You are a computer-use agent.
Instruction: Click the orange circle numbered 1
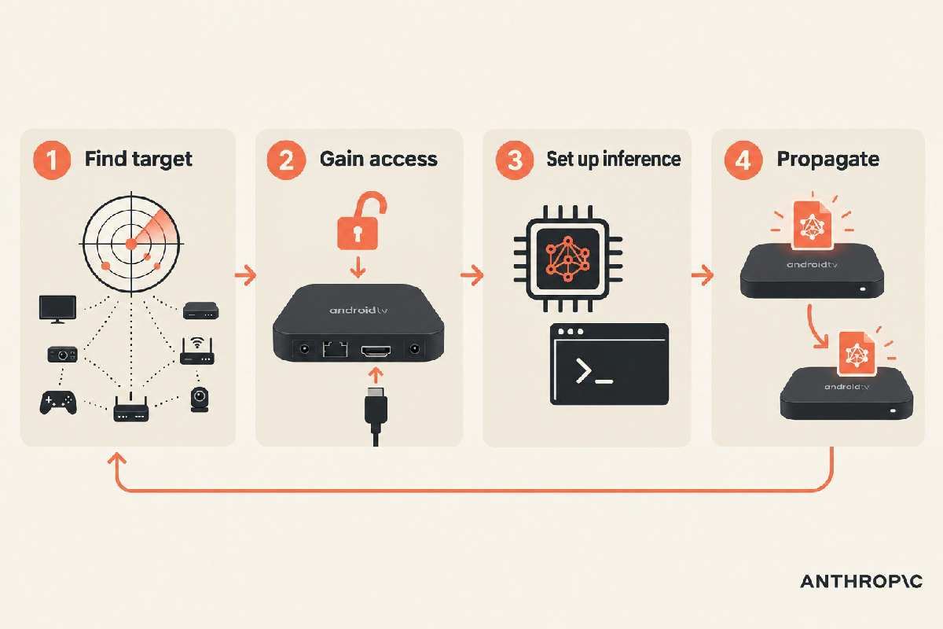click(52, 160)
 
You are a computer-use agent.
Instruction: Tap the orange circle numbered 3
click(515, 160)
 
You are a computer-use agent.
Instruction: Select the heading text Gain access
click(379, 160)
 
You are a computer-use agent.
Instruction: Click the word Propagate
click(827, 160)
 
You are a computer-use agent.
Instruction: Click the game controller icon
click(58, 403)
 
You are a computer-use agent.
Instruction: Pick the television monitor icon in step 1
click(57, 309)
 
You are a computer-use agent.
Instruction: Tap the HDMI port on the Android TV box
click(376, 351)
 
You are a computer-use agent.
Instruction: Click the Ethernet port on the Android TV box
click(335, 349)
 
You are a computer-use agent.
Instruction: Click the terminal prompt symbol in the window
click(593, 372)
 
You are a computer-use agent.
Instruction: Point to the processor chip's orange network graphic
click(568, 259)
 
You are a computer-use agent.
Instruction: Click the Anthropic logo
click(861, 581)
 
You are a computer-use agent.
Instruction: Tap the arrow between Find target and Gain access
click(245, 275)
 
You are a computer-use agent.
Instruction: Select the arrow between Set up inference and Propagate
click(703, 275)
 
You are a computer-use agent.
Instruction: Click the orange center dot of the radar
click(131, 244)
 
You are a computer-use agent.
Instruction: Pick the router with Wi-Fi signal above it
click(197, 351)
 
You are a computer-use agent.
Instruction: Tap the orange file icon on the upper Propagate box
click(812, 225)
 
